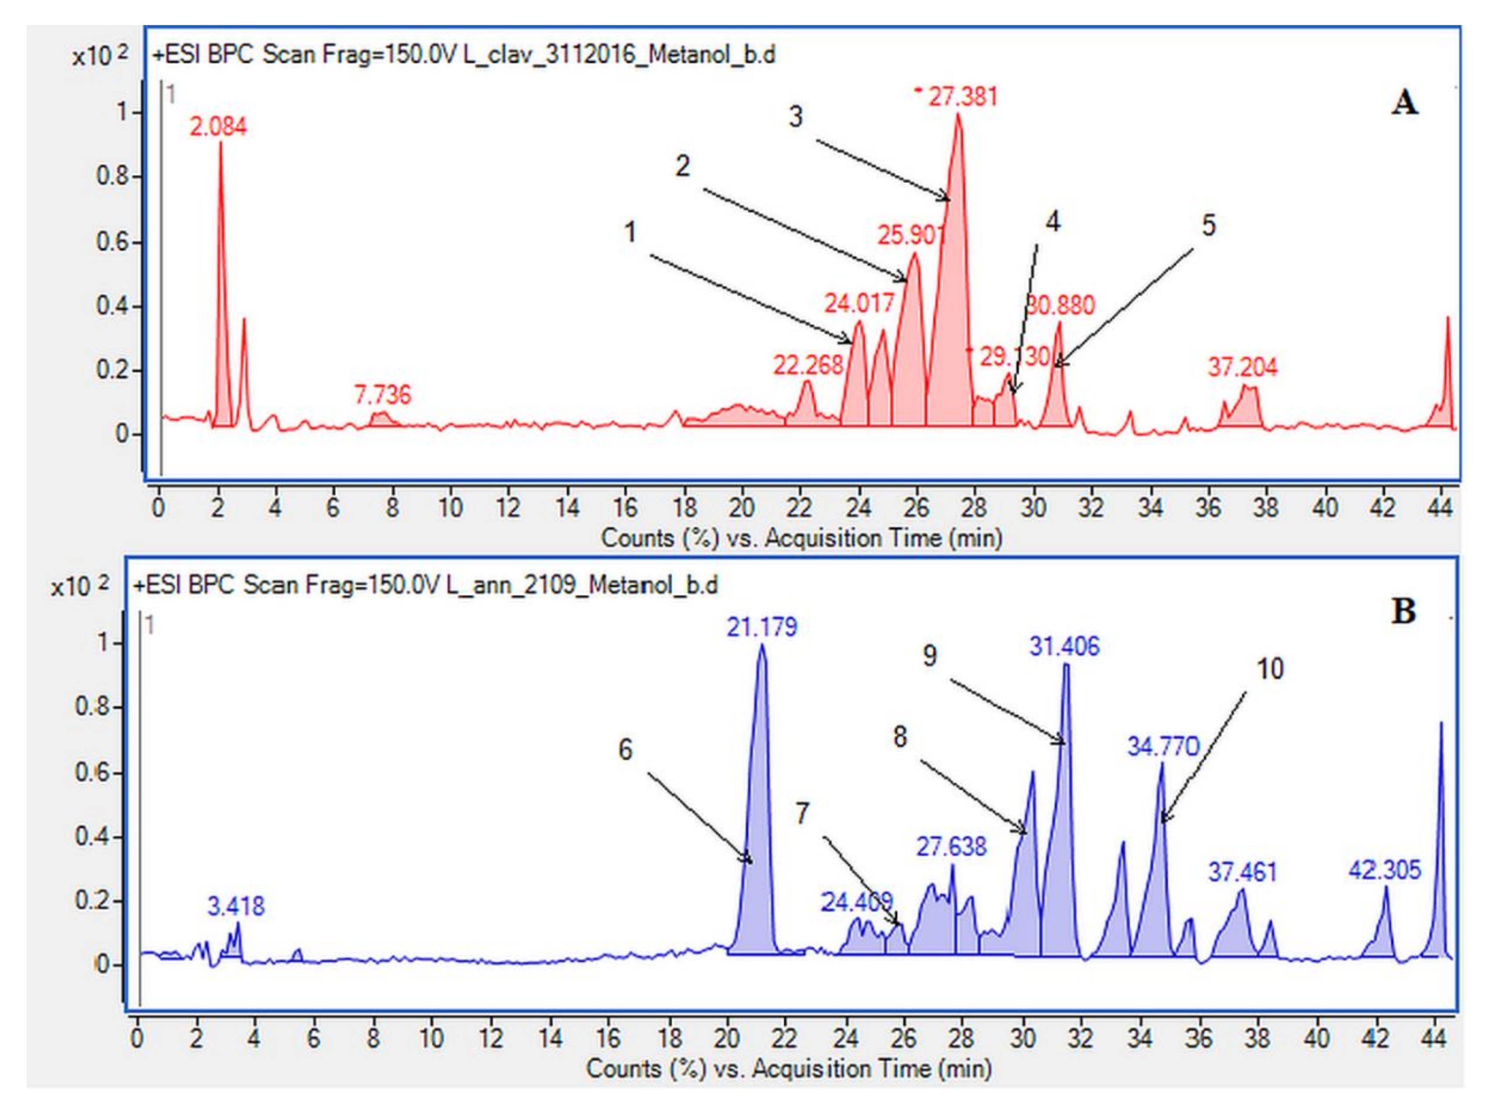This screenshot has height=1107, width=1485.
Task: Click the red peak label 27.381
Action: pyautogui.click(x=963, y=97)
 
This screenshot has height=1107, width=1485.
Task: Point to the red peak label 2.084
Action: pyautogui.click(x=218, y=127)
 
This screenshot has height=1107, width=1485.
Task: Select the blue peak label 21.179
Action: pyautogui.click(x=762, y=627)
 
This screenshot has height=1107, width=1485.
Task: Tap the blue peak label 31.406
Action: pyautogui.click(x=1064, y=647)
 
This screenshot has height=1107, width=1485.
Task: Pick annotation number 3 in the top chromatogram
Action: pyautogui.click(x=795, y=117)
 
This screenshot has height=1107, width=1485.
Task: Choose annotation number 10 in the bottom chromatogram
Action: pyautogui.click(x=1269, y=669)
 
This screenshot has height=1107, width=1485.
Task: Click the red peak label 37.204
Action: pyautogui.click(x=1243, y=367)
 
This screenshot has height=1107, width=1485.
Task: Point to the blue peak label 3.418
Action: pyautogui.click(x=236, y=907)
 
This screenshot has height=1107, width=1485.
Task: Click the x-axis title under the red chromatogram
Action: pyautogui.click(x=801, y=538)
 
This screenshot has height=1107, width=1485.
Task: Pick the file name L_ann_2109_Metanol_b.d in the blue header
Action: pyautogui.click(x=581, y=586)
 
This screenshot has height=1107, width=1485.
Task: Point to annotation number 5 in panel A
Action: pyautogui.click(x=1208, y=226)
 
